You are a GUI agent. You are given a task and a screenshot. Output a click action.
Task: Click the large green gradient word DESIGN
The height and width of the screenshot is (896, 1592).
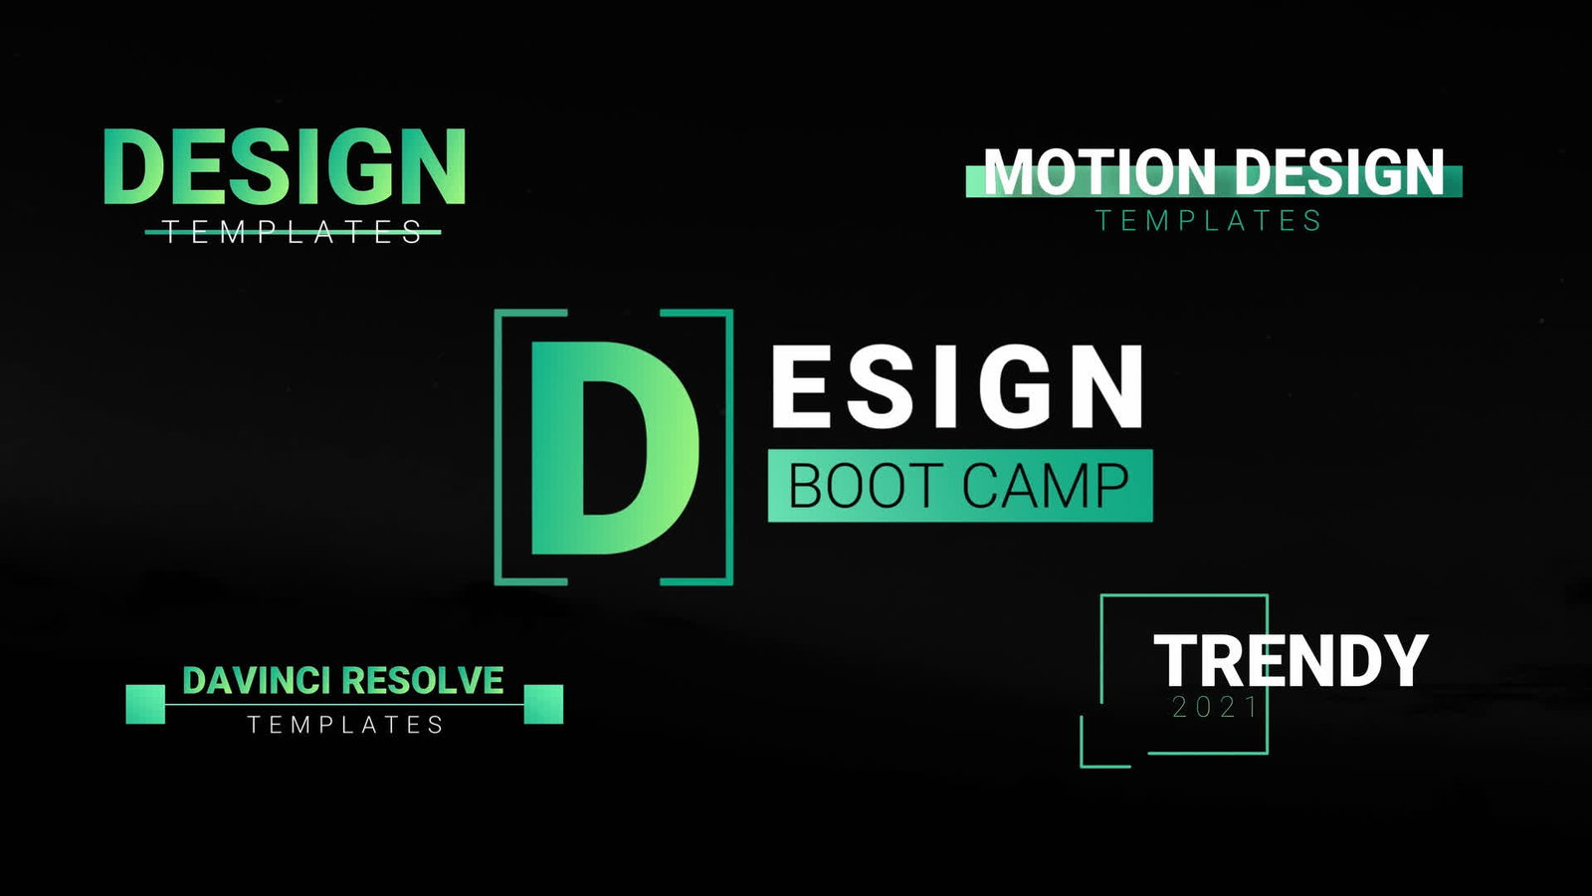pos(285,166)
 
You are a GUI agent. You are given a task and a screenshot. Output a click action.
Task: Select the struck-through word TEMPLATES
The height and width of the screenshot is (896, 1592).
pos(293,232)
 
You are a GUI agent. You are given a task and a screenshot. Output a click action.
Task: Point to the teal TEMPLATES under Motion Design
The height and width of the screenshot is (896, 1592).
pos(1208,220)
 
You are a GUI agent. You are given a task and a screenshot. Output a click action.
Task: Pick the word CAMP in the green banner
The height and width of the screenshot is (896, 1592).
pos(1046,486)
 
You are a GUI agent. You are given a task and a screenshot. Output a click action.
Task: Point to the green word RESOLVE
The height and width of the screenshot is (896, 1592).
pos(423,681)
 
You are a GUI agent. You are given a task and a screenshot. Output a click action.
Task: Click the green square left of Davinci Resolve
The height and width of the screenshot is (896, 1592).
pos(145,704)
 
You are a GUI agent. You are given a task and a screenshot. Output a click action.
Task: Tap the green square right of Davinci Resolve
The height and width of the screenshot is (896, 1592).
pos(543,704)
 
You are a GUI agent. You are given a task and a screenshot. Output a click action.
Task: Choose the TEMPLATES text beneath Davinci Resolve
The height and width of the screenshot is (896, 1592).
pos(345,725)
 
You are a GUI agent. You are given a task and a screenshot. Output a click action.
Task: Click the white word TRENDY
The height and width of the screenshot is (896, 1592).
pos(1291,661)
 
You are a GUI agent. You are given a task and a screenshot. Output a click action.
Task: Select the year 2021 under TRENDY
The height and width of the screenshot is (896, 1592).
pos(1215,708)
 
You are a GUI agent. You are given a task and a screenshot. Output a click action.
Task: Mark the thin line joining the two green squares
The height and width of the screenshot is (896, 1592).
pos(344,705)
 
